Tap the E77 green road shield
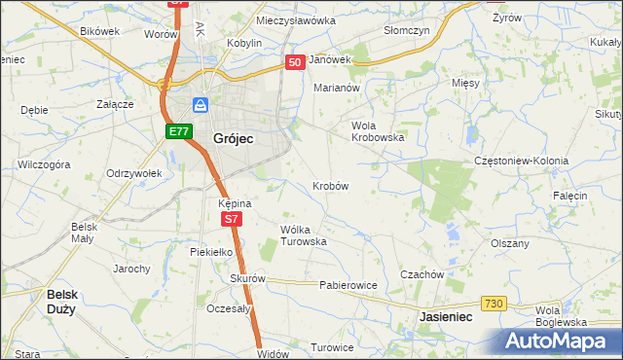pos(177,131)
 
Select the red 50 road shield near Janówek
pos(296,61)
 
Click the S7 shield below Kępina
pos(230,220)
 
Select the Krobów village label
pos(331,185)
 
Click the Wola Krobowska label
pos(377,131)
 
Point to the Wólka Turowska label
pos(303,234)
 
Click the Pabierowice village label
pos(348,285)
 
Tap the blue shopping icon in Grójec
pos(201,105)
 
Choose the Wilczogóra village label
pos(44,165)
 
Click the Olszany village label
pos(510,243)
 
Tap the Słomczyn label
pos(407,30)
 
